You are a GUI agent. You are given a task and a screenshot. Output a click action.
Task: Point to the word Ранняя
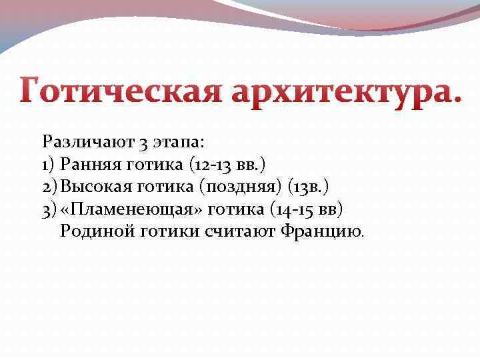pyautogui.click(x=89, y=164)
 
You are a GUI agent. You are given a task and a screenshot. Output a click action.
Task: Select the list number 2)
pyautogui.click(x=50, y=187)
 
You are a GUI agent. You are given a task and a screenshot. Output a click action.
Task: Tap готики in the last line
pyautogui.click(x=174, y=231)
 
